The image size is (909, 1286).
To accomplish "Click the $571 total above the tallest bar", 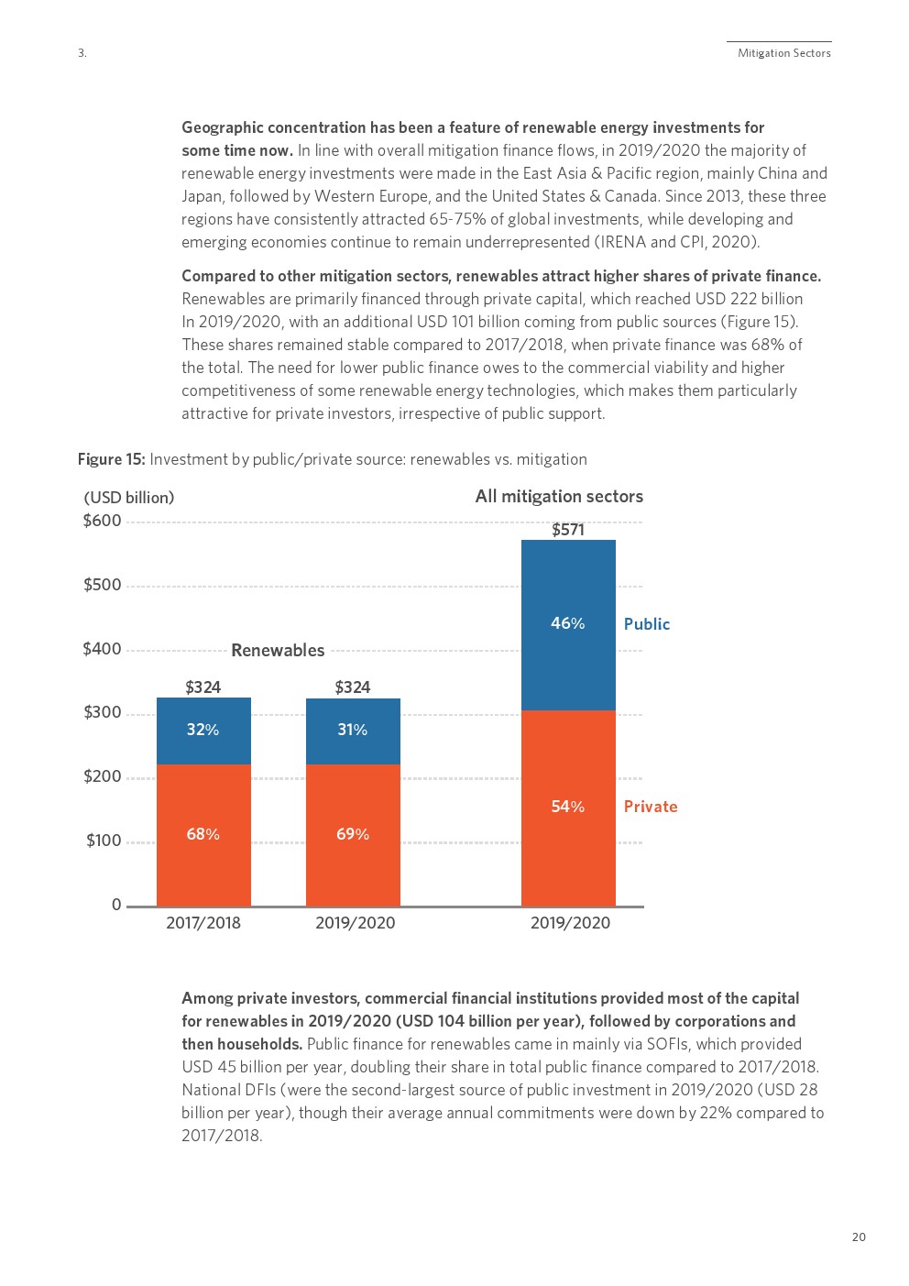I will coord(567,529).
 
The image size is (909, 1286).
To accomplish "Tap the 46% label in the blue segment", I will coord(567,623).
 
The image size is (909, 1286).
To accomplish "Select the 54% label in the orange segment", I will coord(567,807).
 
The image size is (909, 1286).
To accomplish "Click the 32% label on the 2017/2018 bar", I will coord(203,730).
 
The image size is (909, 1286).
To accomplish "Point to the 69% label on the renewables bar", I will coord(353,834).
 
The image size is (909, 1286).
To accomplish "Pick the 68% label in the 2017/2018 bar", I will coord(203,834).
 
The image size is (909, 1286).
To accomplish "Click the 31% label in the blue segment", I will coord(353,730).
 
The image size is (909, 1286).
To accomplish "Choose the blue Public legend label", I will coord(646,624).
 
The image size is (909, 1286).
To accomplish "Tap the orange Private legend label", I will coord(651,807).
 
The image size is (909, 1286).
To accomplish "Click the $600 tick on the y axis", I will coord(102,521).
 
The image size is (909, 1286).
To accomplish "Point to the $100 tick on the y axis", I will coord(104,841).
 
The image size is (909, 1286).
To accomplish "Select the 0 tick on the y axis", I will coord(116,905).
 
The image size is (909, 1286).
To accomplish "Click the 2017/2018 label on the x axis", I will coord(203,923).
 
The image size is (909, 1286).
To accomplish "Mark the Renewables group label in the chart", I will coord(278,650).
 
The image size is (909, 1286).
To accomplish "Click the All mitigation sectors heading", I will coord(559,496).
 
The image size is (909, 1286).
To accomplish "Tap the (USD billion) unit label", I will coord(129,497).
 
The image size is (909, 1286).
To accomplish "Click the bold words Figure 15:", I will coord(112,459).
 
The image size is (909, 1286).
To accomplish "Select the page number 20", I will coord(859,1237).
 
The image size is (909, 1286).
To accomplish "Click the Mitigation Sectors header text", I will coord(784,53).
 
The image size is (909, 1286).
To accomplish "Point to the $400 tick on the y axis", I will coord(102,649).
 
